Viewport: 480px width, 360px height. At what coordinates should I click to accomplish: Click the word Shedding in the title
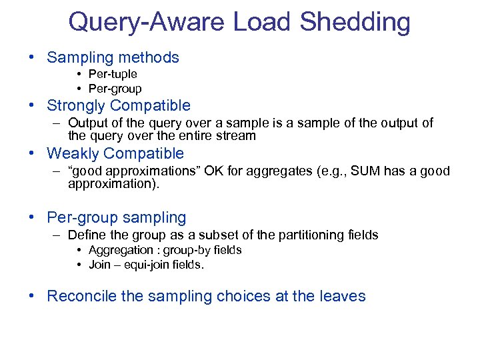(355, 22)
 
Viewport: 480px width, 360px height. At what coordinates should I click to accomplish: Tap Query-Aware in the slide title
(147, 22)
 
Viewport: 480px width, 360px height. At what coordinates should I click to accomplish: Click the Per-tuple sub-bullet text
(113, 75)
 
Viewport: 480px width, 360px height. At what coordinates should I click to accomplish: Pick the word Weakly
(71, 154)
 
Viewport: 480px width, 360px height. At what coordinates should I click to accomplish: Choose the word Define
(85, 235)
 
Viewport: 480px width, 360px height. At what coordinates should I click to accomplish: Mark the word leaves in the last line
(343, 297)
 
